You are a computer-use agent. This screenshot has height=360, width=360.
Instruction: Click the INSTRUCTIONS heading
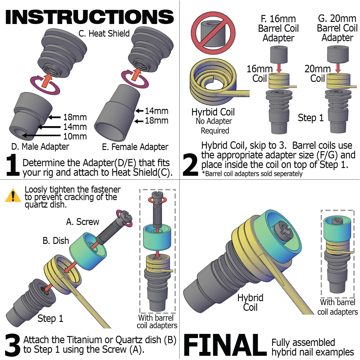tap(89, 17)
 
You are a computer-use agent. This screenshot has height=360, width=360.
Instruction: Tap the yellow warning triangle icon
tap(13, 195)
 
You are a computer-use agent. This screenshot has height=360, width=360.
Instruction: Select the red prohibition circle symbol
tap(213, 33)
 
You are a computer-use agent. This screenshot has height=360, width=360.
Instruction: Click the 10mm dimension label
tap(75, 136)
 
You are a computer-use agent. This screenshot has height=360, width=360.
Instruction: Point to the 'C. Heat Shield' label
tap(104, 33)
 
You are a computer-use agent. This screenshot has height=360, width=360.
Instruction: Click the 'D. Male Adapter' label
tap(40, 147)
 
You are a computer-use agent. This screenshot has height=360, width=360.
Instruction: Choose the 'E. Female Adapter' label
tap(135, 147)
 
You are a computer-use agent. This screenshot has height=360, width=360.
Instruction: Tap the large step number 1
tap(13, 165)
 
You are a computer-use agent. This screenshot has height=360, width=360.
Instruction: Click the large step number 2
tap(190, 165)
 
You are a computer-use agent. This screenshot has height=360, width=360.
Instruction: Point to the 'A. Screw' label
tap(82, 222)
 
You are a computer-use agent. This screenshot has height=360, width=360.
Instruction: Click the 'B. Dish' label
tap(56, 241)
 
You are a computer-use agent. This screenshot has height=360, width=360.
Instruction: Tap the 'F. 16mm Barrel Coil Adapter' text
tap(278, 28)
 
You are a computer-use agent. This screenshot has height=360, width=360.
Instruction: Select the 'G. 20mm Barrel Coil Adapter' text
tap(337, 28)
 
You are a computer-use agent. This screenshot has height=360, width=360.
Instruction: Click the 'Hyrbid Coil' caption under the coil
tap(213, 112)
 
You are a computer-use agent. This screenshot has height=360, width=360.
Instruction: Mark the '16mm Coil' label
tap(259, 74)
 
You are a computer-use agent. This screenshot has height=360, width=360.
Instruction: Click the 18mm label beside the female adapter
tap(156, 121)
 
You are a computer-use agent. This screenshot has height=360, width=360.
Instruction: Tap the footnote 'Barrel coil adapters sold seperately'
tap(252, 174)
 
